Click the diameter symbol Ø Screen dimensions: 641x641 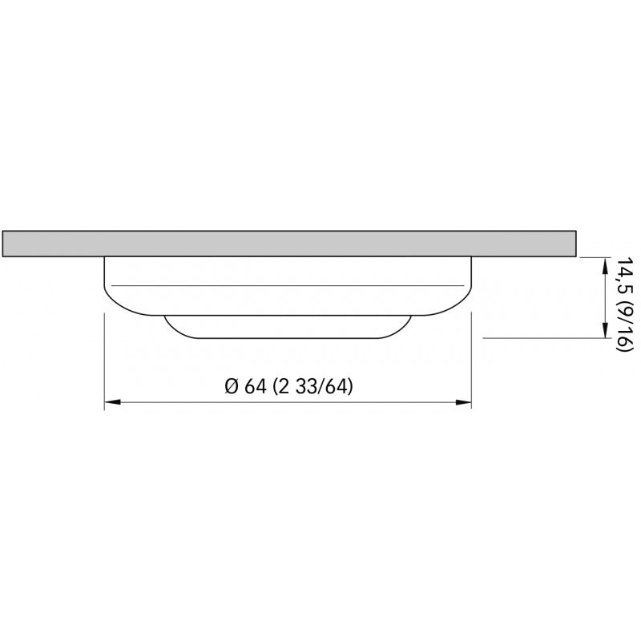coord(232,386)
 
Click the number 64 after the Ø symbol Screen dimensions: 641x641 coord(256,386)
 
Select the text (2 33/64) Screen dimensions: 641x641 coord(312,386)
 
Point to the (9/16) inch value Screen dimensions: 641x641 coord(625,326)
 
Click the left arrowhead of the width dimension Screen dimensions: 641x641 coord(112,402)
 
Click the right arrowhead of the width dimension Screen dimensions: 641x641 coord(463,402)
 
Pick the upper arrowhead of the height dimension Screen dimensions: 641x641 coord(605,266)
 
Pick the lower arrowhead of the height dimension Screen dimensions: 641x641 coord(605,330)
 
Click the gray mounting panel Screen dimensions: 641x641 coord(289,244)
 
